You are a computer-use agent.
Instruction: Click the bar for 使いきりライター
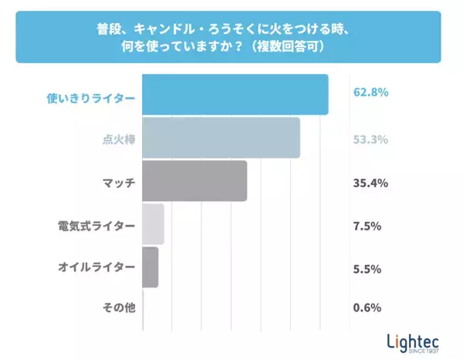[235, 95]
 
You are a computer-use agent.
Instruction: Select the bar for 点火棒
[221, 138]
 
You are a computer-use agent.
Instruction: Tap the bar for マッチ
[194, 181]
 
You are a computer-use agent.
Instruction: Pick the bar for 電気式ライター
[154, 224]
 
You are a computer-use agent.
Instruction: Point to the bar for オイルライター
[150, 267]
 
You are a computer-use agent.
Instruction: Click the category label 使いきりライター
[91, 98]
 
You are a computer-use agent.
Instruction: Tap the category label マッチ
[119, 183]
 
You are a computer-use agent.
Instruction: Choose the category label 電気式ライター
[96, 226]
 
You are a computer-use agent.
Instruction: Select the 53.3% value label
[370, 140]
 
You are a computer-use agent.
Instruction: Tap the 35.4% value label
[370, 183]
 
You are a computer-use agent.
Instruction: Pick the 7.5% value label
[367, 226]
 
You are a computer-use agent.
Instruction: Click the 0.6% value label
[367, 308]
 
